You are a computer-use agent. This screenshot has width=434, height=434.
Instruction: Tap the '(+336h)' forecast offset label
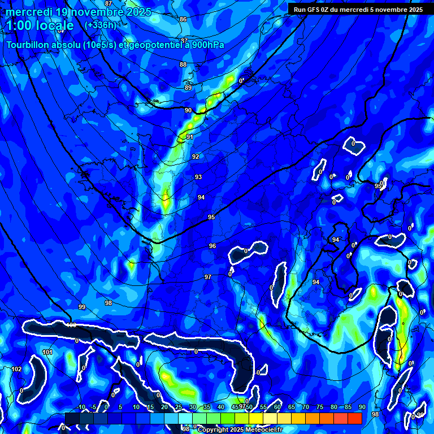(x=100, y=25)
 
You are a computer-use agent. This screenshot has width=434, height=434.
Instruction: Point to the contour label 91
(x=190, y=137)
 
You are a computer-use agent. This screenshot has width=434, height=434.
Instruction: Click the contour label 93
(x=198, y=177)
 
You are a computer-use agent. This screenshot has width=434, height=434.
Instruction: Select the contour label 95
(x=211, y=218)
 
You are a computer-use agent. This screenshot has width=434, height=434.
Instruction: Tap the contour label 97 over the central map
(x=208, y=277)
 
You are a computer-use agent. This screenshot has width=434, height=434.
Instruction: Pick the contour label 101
(x=47, y=353)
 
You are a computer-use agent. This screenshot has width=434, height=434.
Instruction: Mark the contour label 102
(x=17, y=369)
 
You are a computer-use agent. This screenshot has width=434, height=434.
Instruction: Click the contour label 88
(x=183, y=65)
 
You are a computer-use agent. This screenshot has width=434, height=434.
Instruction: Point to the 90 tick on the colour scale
(x=362, y=407)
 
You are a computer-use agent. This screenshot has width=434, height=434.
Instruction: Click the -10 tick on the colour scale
(x=80, y=407)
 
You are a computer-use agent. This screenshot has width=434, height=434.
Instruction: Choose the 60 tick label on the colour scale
(x=277, y=407)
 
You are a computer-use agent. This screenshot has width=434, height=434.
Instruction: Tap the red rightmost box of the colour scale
(x=354, y=418)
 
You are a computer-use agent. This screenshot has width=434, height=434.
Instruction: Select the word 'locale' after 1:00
(x=54, y=25)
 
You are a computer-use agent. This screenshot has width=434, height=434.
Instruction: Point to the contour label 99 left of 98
(x=82, y=307)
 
